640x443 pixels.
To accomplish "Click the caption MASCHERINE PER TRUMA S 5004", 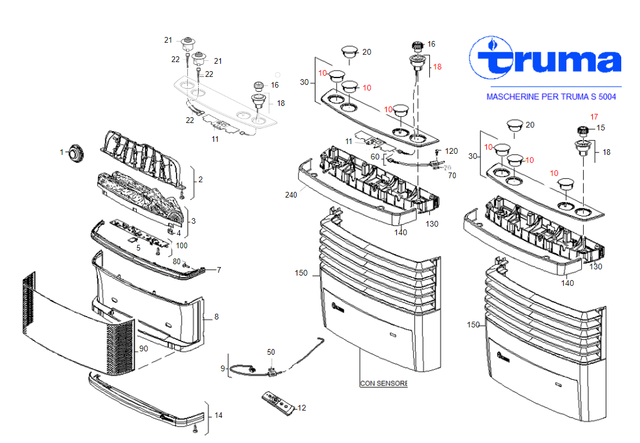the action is point(551,97).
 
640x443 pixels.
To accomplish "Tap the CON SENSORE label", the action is point(384,383).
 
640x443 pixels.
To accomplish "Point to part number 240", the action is point(291,195).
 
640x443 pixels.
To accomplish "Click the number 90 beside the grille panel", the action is point(143,348).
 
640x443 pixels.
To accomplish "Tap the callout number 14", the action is point(219,415).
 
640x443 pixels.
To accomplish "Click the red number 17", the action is point(594,117).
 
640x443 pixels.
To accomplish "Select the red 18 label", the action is point(437,67).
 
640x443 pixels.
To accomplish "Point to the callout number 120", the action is point(452,151).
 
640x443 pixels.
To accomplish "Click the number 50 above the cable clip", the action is point(271,352).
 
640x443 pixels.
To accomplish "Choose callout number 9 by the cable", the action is point(223,368).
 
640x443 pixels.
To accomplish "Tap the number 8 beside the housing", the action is point(216,317).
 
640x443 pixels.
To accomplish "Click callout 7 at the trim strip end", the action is point(219,270).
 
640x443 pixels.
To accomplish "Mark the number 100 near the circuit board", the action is point(182,245).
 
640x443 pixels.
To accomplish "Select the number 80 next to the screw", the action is point(177,261).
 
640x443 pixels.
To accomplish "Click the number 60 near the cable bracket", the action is point(375,157).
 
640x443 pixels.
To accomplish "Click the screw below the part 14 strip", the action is point(195,428).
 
